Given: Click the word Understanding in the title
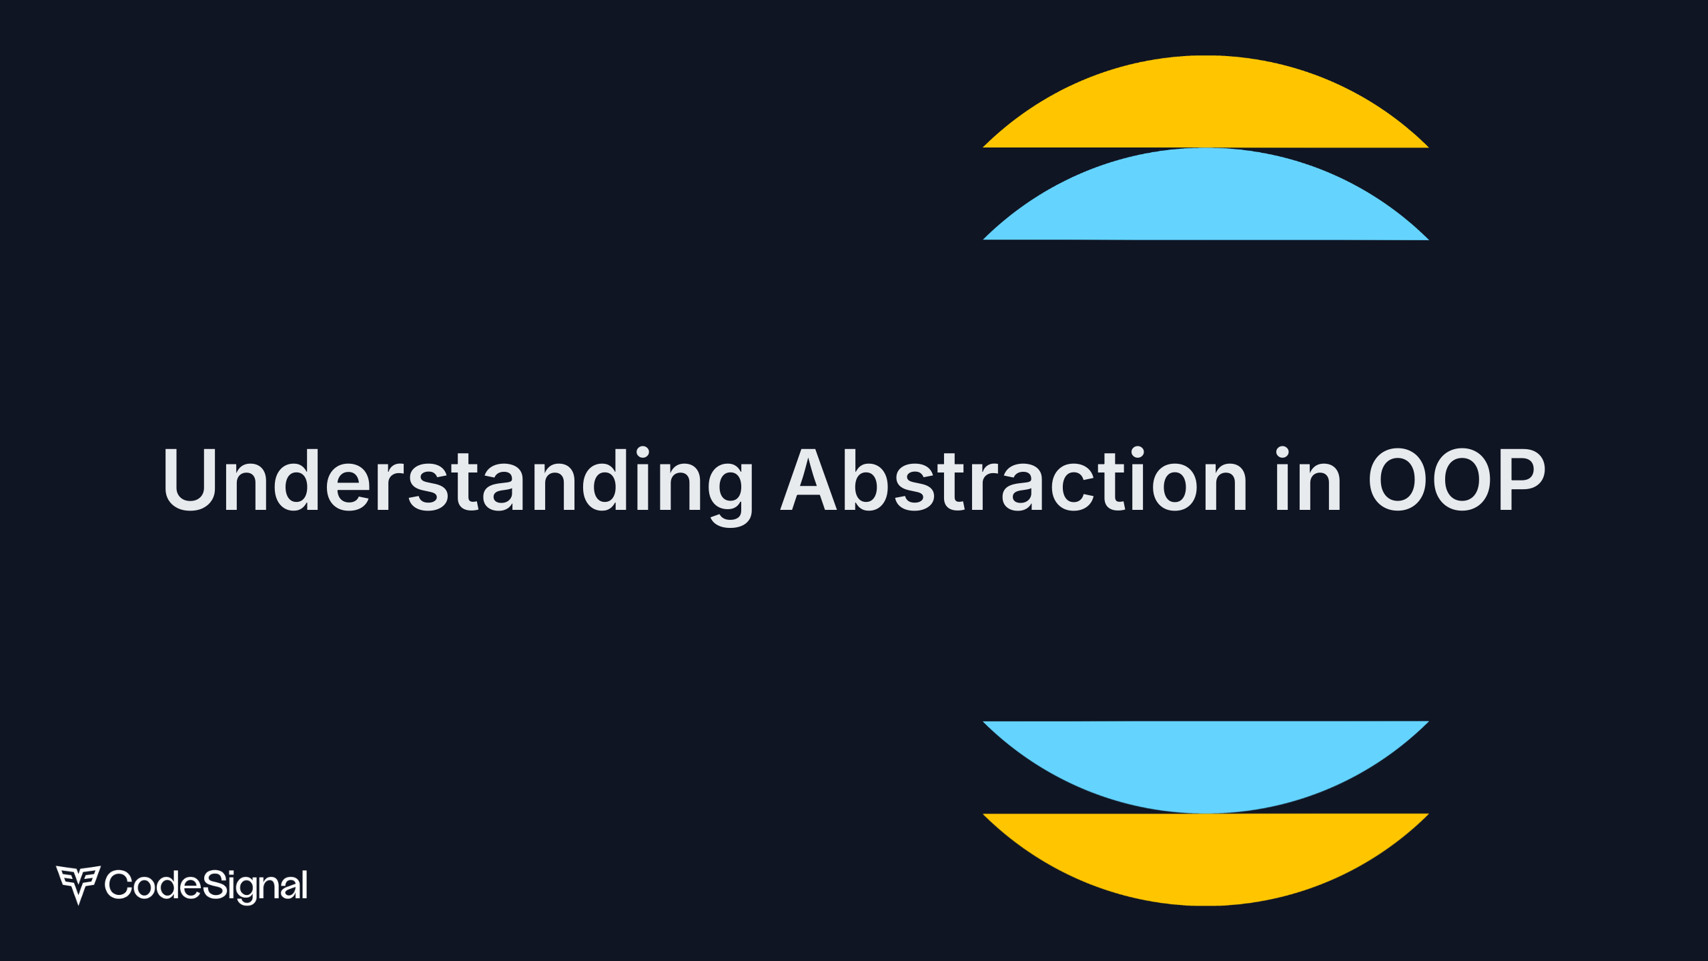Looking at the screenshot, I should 458,480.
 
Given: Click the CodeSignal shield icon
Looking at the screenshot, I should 78,884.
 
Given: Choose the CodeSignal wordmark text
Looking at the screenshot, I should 206,886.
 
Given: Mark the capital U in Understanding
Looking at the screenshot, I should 189,479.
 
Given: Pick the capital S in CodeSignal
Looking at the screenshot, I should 214,885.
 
